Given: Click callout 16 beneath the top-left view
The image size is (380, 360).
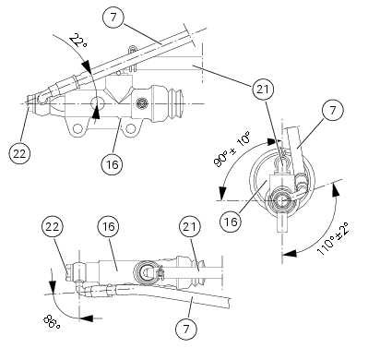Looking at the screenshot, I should (x=113, y=163).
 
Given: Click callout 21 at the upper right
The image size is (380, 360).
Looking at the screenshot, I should (x=262, y=90).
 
